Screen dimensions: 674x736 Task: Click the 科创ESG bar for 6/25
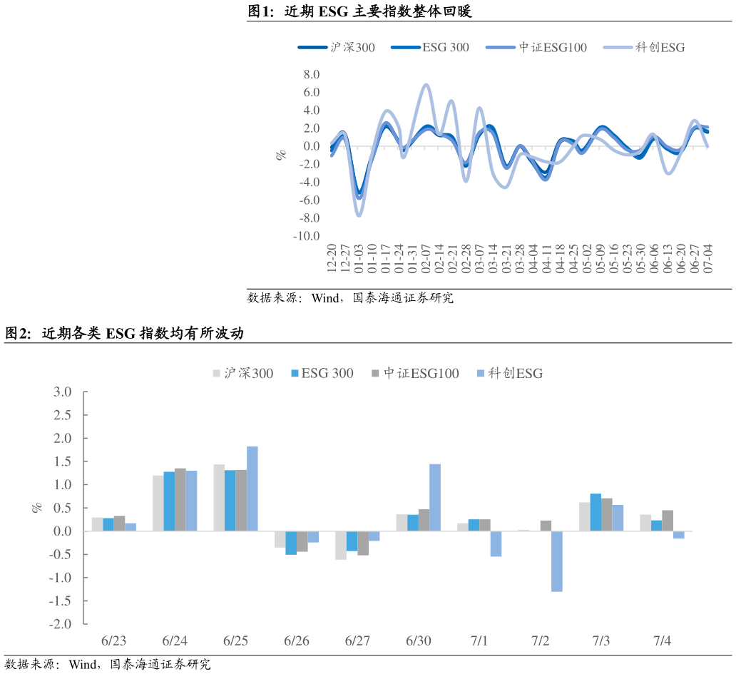(x=252, y=489)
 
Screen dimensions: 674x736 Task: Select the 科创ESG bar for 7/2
(x=556, y=561)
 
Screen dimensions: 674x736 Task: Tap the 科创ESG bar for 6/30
(x=434, y=498)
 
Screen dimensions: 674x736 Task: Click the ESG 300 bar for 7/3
(x=596, y=512)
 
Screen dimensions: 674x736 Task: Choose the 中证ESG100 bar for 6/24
(x=180, y=499)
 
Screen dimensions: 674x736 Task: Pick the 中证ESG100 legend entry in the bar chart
(x=415, y=373)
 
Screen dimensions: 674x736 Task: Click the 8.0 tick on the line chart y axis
(x=311, y=74)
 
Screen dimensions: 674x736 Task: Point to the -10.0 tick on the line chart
(x=306, y=236)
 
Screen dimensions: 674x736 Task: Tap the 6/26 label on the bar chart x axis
(x=296, y=640)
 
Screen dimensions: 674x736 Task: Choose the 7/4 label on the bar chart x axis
(x=662, y=640)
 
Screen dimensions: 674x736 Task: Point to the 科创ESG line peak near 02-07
(x=426, y=85)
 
